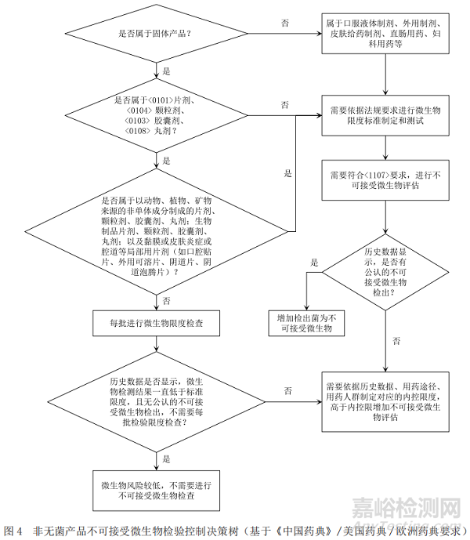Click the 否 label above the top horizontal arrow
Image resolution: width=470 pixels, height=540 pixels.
[284, 23]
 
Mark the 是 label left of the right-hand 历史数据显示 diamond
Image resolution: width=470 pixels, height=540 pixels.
[313, 262]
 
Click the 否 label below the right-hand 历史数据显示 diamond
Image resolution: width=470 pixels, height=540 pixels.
[396, 340]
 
